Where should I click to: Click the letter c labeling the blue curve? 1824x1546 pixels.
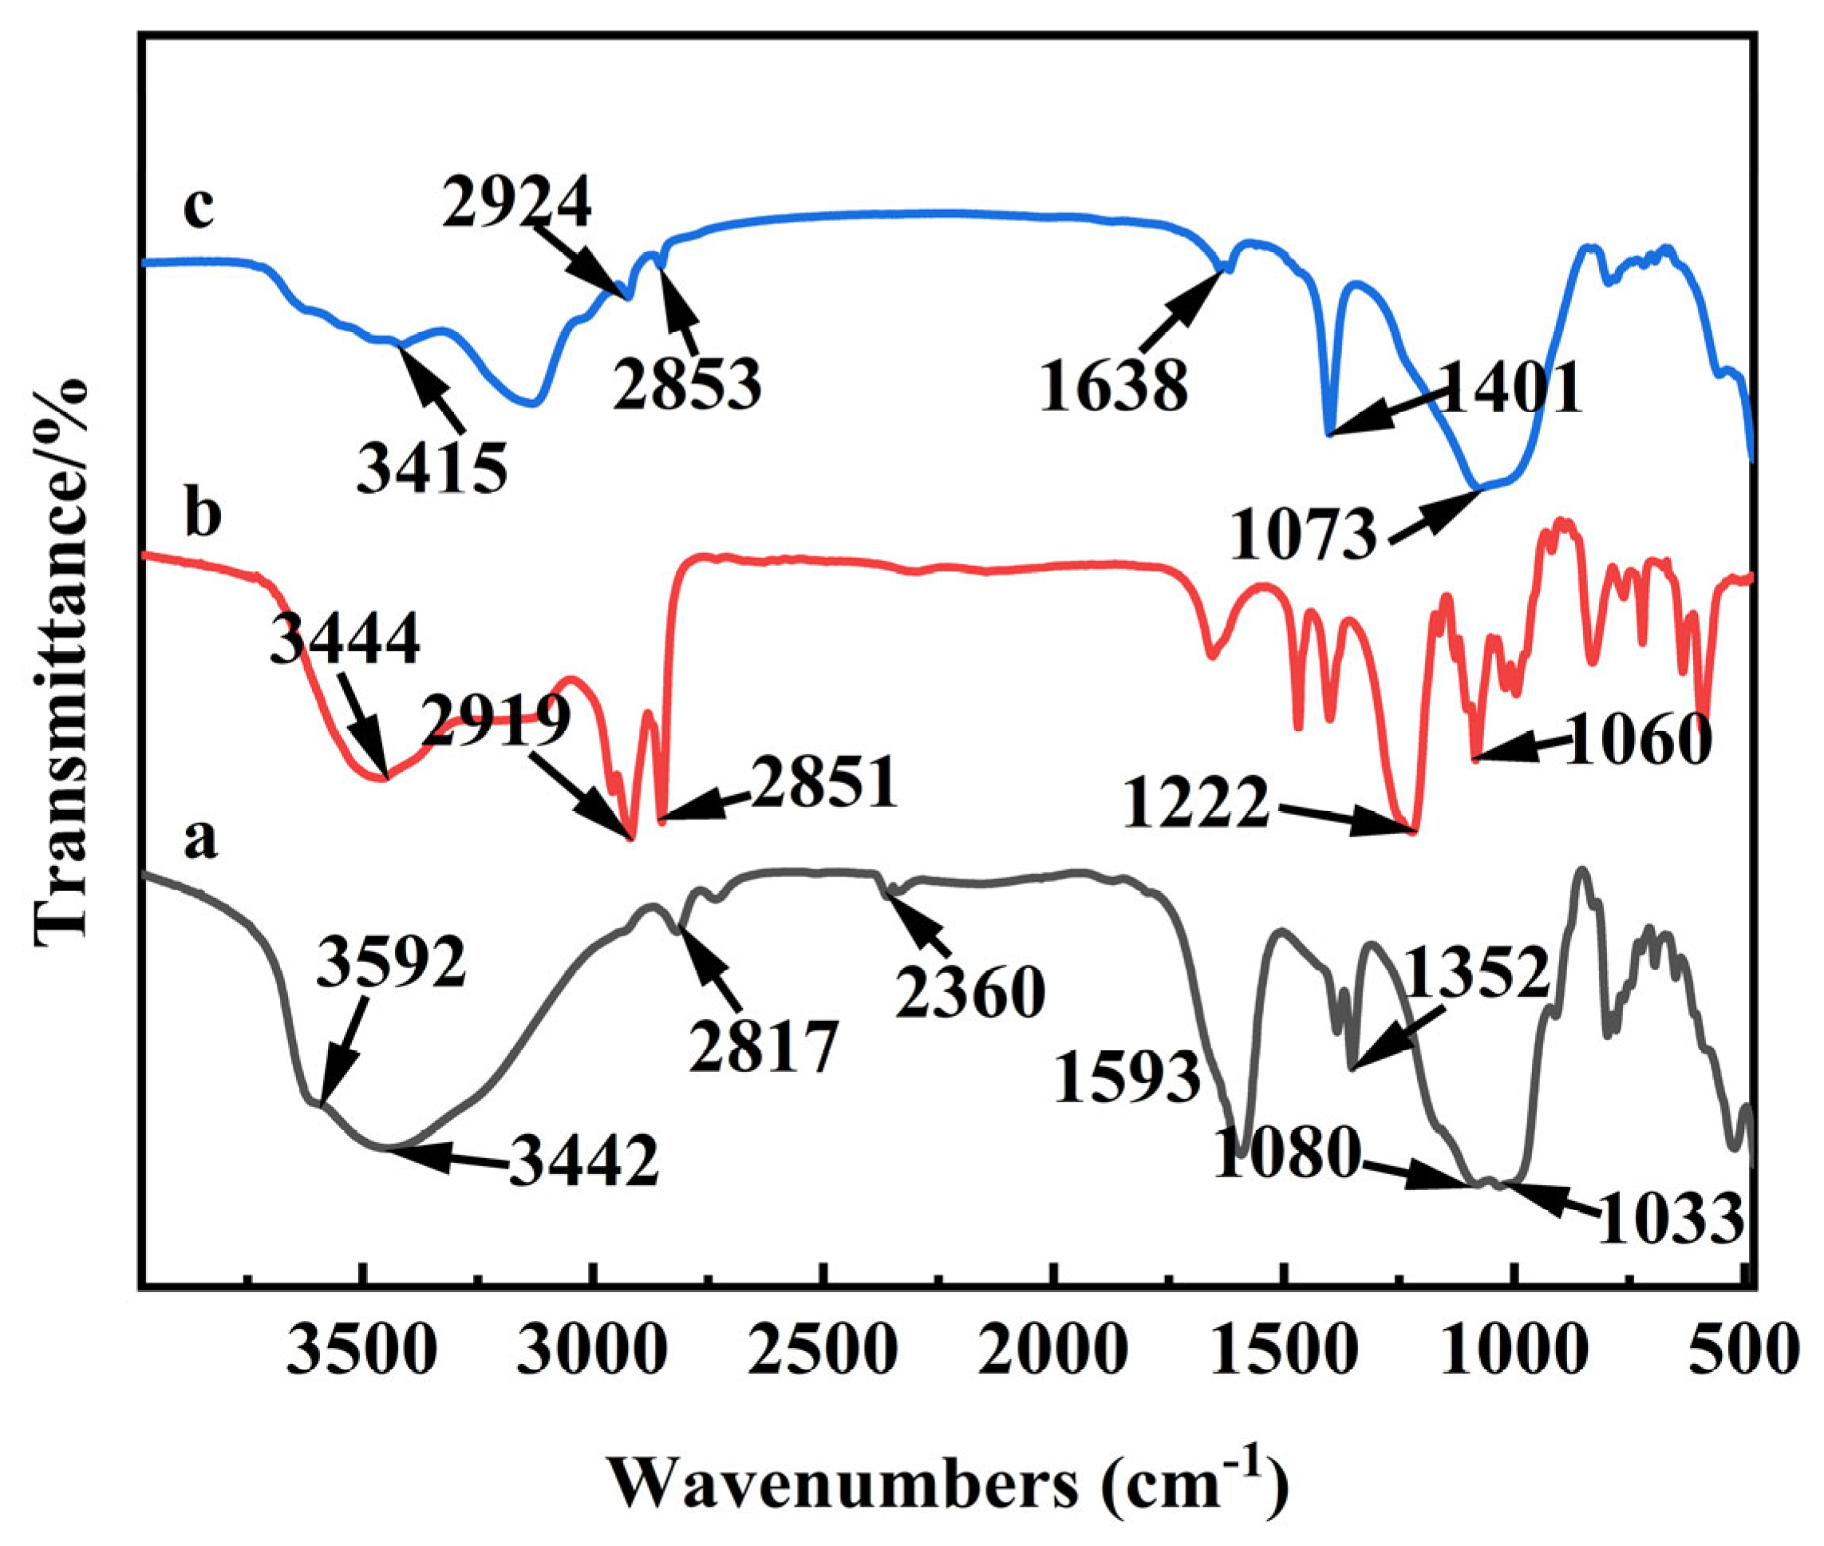coord(199,209)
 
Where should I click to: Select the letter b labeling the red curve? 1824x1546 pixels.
coord(203,516)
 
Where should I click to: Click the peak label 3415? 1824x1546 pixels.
coord(432,468)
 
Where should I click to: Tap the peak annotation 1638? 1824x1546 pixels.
coord(1114,386)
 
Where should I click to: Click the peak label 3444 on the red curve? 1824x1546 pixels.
coord(345,641)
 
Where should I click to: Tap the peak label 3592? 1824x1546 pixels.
coord(391,965)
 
